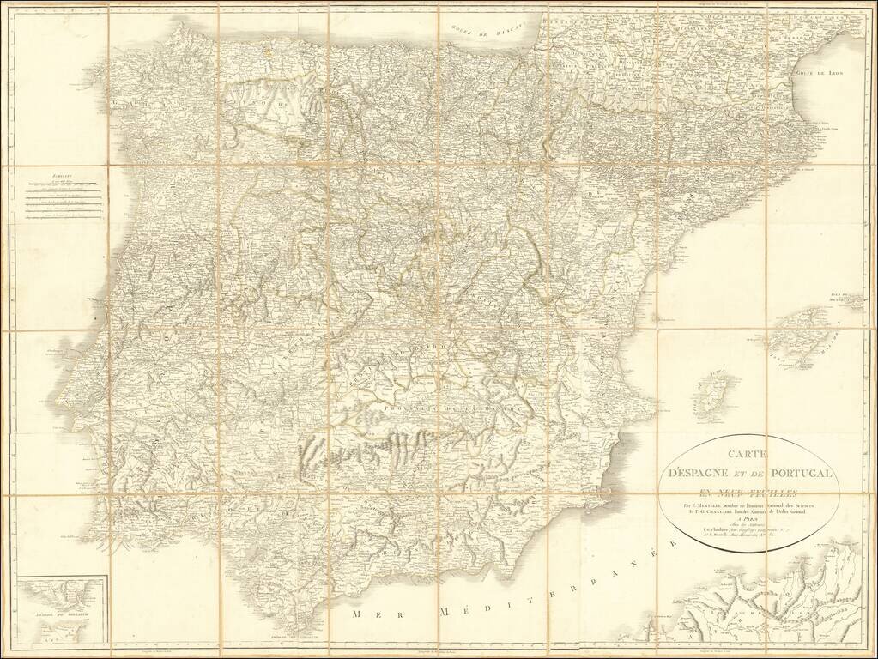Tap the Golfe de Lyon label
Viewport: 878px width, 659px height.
pos(820,74)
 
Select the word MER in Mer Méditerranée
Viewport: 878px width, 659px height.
pos(373,615)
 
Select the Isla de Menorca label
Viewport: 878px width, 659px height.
pos(845,300)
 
